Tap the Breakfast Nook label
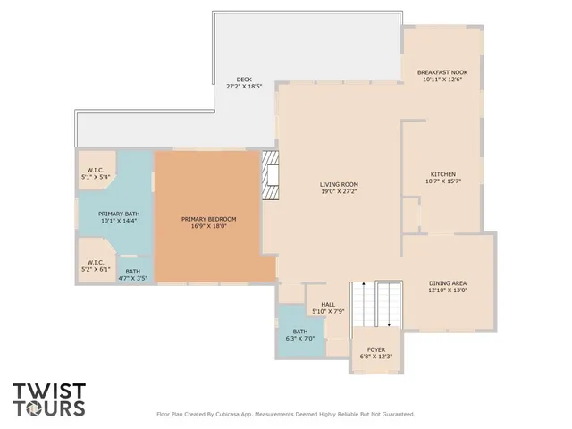coord(442,72)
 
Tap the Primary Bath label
coord(119,214)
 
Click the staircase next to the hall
coord(376,304)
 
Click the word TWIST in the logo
coord(49,391)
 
